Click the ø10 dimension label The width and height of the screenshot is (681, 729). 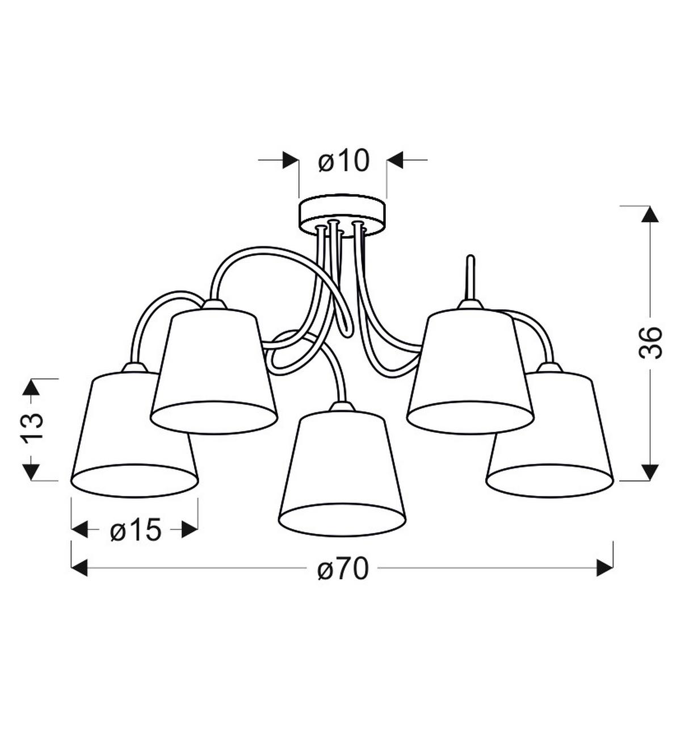(x=343, y=161)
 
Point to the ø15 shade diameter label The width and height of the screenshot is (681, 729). (x=136, y=530)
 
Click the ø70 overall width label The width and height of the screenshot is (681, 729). (x=343, y=568)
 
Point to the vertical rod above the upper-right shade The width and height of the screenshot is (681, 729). (x=470, y=278)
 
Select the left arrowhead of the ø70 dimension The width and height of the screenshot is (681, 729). (x=79, y=568)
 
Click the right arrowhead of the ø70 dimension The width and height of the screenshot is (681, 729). (x=605, y=568)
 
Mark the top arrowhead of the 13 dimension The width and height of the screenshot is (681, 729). (x=32, y=387)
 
